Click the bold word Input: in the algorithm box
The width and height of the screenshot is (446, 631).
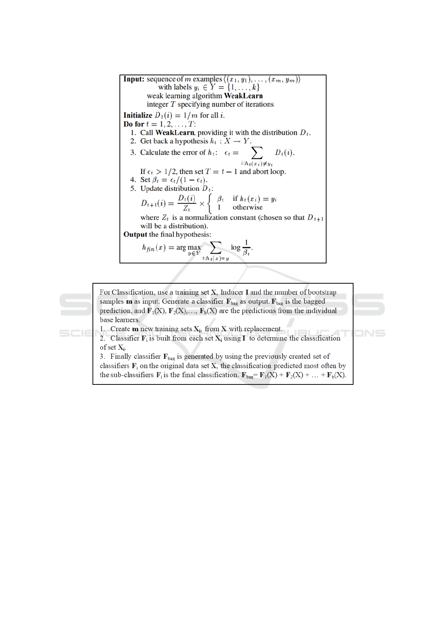[x=134, y=79]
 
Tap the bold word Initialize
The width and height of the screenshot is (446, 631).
[x=138, y=115]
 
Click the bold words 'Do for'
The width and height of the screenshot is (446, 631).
[x=134, y=124]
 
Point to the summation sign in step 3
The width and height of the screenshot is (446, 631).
[x=257, y=153]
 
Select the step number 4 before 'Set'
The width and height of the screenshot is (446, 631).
[x=133, y=180]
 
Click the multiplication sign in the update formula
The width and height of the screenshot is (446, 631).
[x=202, y=203]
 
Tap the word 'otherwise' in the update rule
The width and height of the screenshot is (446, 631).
[x=248, y=207]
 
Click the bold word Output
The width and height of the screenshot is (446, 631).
[x=135, y=235]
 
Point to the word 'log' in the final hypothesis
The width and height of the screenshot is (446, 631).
[x=236, y=247]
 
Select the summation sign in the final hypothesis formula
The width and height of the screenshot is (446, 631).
[x=215, y=247]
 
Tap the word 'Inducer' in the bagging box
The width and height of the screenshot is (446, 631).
[x=232, y=292]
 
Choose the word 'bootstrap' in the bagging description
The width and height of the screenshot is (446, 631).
[x=322, y=292]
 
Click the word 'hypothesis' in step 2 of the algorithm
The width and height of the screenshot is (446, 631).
[x=191, y=141]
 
